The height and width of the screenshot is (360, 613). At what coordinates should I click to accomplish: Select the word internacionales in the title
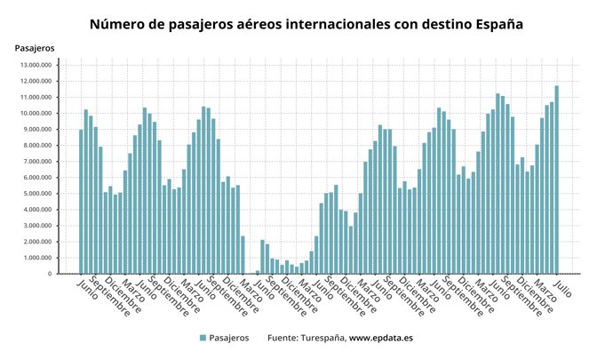click(330, 24)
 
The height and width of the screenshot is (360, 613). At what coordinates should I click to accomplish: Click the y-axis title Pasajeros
click(35, 46)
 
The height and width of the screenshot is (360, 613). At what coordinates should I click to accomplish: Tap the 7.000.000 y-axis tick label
click(37, 162)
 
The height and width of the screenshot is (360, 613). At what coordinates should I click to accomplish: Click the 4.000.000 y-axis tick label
click(37, 210)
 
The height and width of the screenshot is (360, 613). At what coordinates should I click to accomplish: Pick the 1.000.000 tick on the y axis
click(37, 258)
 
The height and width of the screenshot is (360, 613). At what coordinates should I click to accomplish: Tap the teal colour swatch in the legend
click(203, 339)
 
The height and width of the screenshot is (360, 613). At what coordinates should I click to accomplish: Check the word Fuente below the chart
click(283, 339)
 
